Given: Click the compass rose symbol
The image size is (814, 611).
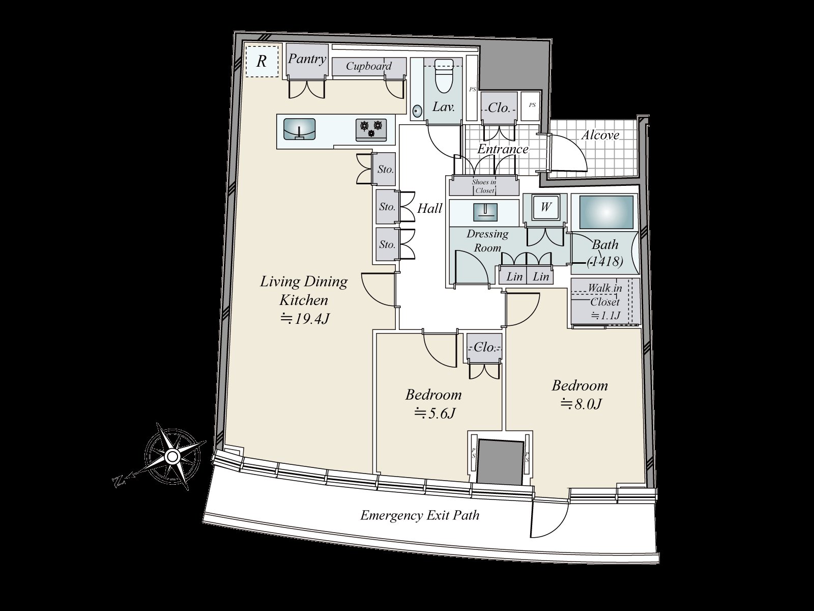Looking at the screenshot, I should click(x=172, y=455).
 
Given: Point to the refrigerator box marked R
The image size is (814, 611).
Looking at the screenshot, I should click(x=261, y=62).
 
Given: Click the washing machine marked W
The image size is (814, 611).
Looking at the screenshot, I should click(x=545, y=207).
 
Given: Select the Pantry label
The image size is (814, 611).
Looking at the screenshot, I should click(x=307, y=59).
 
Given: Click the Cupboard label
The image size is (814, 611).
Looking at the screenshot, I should click(x=369, y=66).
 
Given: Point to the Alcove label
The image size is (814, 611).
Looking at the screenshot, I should click(x=600, y=135).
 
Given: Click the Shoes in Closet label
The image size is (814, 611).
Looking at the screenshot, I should click(x=483, y=186).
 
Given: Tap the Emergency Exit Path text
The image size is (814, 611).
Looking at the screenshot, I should click(x=420, y=515).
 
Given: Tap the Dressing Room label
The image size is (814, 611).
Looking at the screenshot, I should click(x=487, y=240).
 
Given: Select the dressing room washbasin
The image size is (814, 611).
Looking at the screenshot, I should click(x=484, y=211).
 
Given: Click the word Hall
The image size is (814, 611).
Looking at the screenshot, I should click(x=430, y=208).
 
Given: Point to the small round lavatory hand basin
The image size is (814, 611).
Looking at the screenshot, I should click(x=418, y=110).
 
